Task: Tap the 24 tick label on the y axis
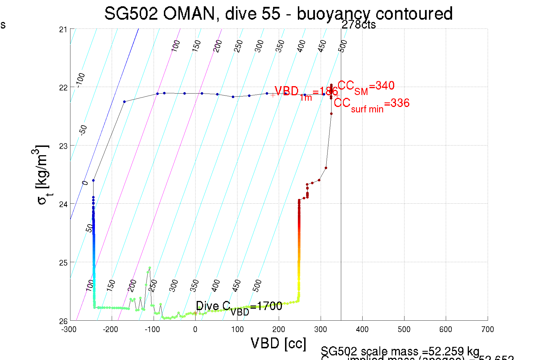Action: coord(63,204)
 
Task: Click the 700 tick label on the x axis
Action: coord(487,329)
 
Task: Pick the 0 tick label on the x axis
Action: coord(195,329)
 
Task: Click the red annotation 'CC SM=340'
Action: coord(366,86)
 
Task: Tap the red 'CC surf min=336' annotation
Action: coord(371,104)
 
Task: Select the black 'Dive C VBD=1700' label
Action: coord(239,307)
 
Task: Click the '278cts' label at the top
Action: coord(359,25)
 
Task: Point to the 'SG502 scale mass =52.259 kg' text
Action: coord(400,351)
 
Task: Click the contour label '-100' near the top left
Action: coord(80,80)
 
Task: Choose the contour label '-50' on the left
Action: coord(83,130)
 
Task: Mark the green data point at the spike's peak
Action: coord(150,268)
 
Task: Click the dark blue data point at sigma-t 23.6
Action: coord(93,180)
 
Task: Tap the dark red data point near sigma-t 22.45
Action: coord(331,114)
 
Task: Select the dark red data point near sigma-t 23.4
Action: coord(326,168)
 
